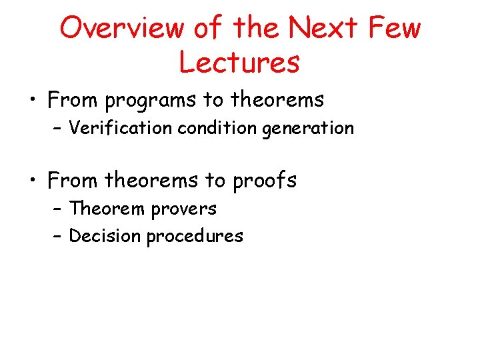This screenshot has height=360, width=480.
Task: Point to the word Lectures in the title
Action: click(239, 62)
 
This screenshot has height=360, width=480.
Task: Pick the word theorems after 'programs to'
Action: click(277, 99)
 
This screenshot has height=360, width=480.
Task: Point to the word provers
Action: click(183, 209)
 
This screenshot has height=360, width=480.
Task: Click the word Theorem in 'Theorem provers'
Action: click(107, 209)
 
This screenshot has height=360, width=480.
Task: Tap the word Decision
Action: click(105, 235)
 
